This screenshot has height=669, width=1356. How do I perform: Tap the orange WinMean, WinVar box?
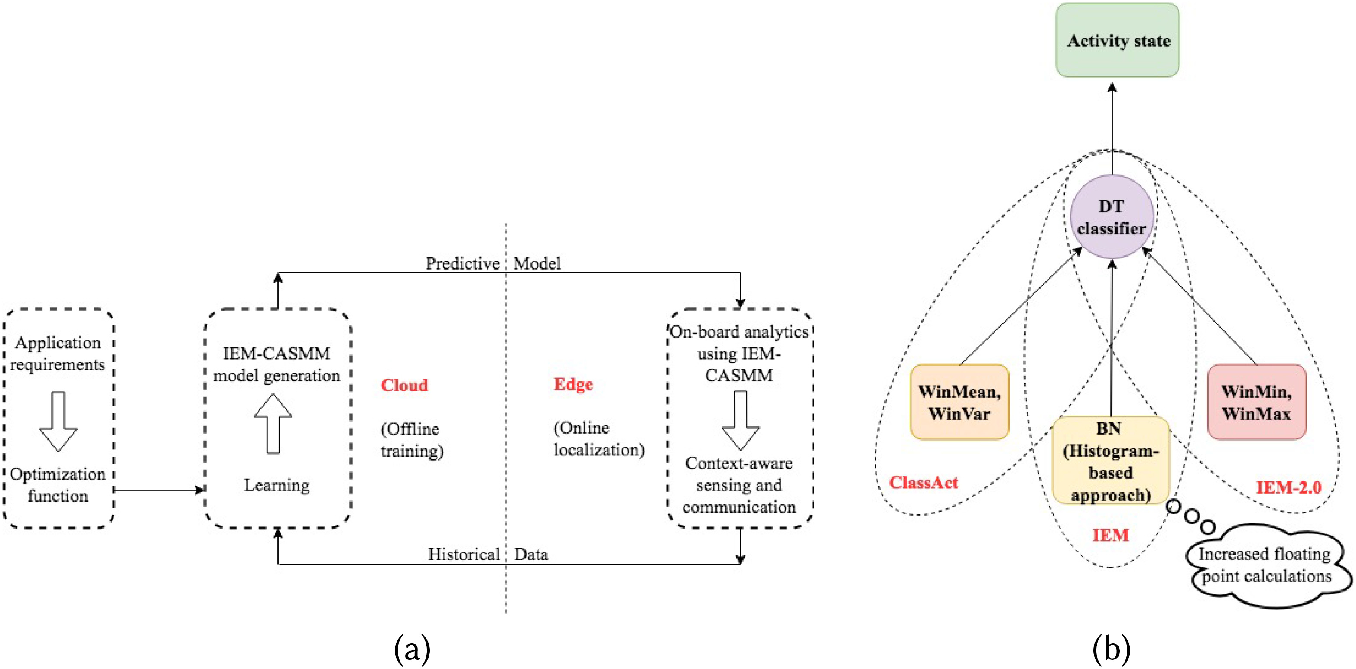(959, 402)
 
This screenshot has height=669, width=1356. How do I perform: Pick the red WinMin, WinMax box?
(1256, 402)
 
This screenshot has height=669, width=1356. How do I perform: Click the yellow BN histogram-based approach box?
(1110, 461)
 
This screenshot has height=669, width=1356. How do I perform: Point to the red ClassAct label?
(924, 483)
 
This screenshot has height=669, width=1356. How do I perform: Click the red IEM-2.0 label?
(1288, 487)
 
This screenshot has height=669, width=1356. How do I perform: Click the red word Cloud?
(404, 385)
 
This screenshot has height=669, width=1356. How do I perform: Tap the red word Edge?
(573, 384)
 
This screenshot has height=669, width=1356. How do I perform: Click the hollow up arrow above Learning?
(273, 423)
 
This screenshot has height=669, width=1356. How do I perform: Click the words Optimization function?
(58, 485)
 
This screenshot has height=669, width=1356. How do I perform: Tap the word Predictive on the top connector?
(462, 263)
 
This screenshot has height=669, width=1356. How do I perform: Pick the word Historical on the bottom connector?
(463, 554)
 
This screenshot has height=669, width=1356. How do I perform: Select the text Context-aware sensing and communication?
(739, 485)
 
